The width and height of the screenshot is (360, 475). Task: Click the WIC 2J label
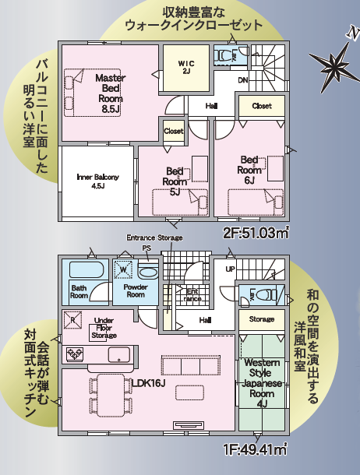186,67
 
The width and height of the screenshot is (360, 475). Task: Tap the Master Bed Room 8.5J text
111,93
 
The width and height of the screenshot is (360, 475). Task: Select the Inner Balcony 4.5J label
97,181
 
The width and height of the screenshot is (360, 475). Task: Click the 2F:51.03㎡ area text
255,233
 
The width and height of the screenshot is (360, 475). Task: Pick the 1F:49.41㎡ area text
255,449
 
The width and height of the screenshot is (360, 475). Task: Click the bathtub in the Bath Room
86,269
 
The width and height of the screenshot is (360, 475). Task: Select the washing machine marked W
123,269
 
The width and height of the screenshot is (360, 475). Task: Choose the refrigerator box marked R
72,320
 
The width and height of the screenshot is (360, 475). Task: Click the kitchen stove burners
75,354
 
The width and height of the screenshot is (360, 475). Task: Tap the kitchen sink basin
119,354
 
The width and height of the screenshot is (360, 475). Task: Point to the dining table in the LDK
111,396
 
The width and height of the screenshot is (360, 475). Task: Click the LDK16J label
149,384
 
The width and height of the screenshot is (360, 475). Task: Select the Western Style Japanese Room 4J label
262,383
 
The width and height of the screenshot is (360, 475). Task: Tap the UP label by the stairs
230,269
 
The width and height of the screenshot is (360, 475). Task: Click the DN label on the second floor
243,80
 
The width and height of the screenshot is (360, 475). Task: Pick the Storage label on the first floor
262,319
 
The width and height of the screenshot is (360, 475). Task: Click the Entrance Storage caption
154,237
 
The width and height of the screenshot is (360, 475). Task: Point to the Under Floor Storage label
104,328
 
